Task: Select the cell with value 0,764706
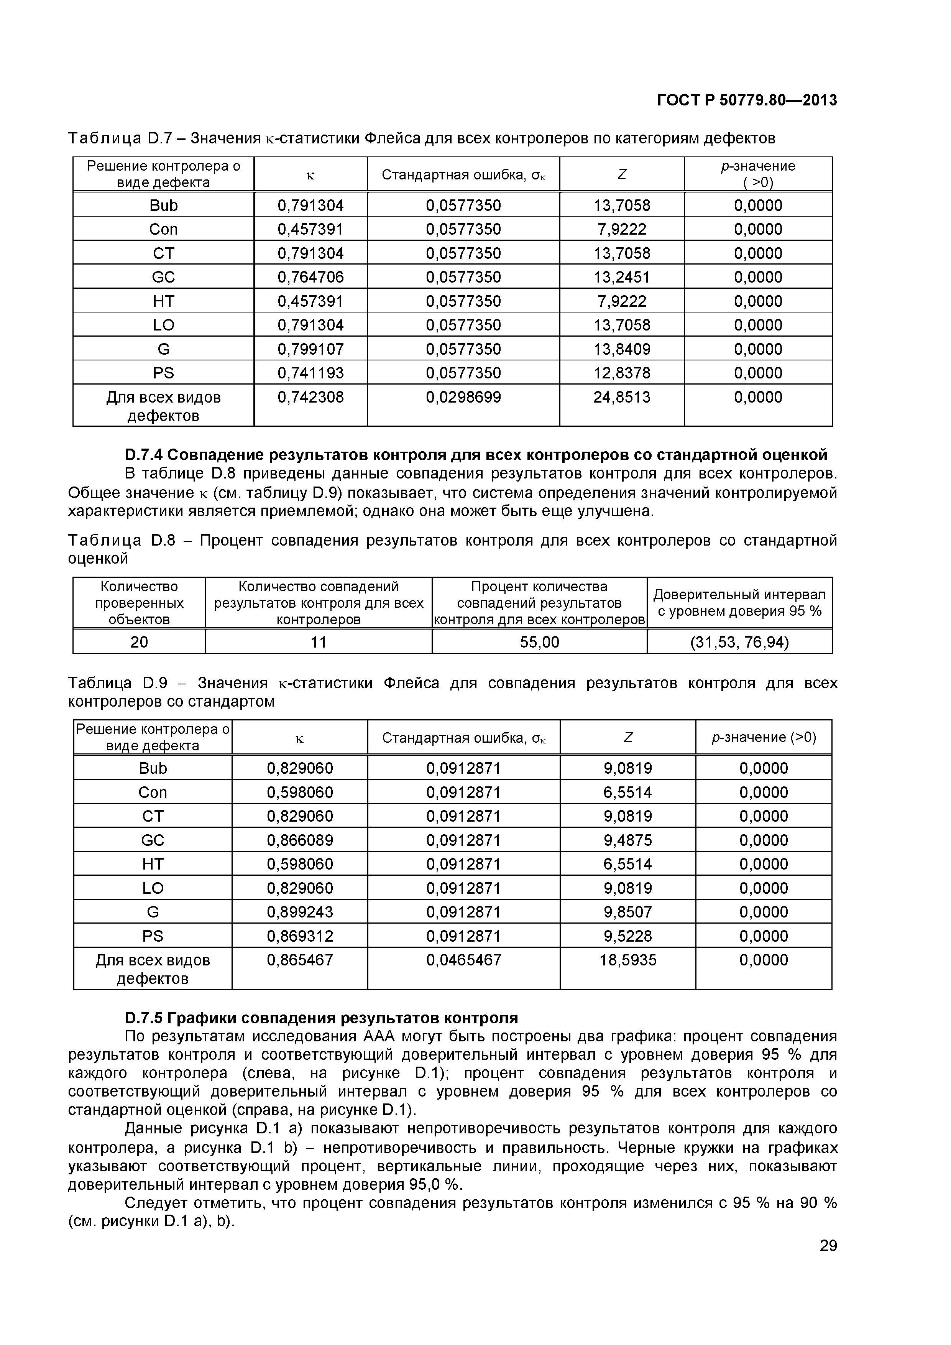point(310,277)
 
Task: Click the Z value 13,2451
point(621,277)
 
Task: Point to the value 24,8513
point(621,397)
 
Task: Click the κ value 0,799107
point(310,349)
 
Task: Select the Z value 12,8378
point(621,373)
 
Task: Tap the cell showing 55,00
point(539,642)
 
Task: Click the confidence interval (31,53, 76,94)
point(739,642)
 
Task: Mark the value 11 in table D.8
point(318,642)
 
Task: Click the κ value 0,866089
point(300,840)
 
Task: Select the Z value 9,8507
point(628,912)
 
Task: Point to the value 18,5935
point(628,960)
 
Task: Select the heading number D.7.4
point(144,455)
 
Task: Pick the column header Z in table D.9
point(628,738)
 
